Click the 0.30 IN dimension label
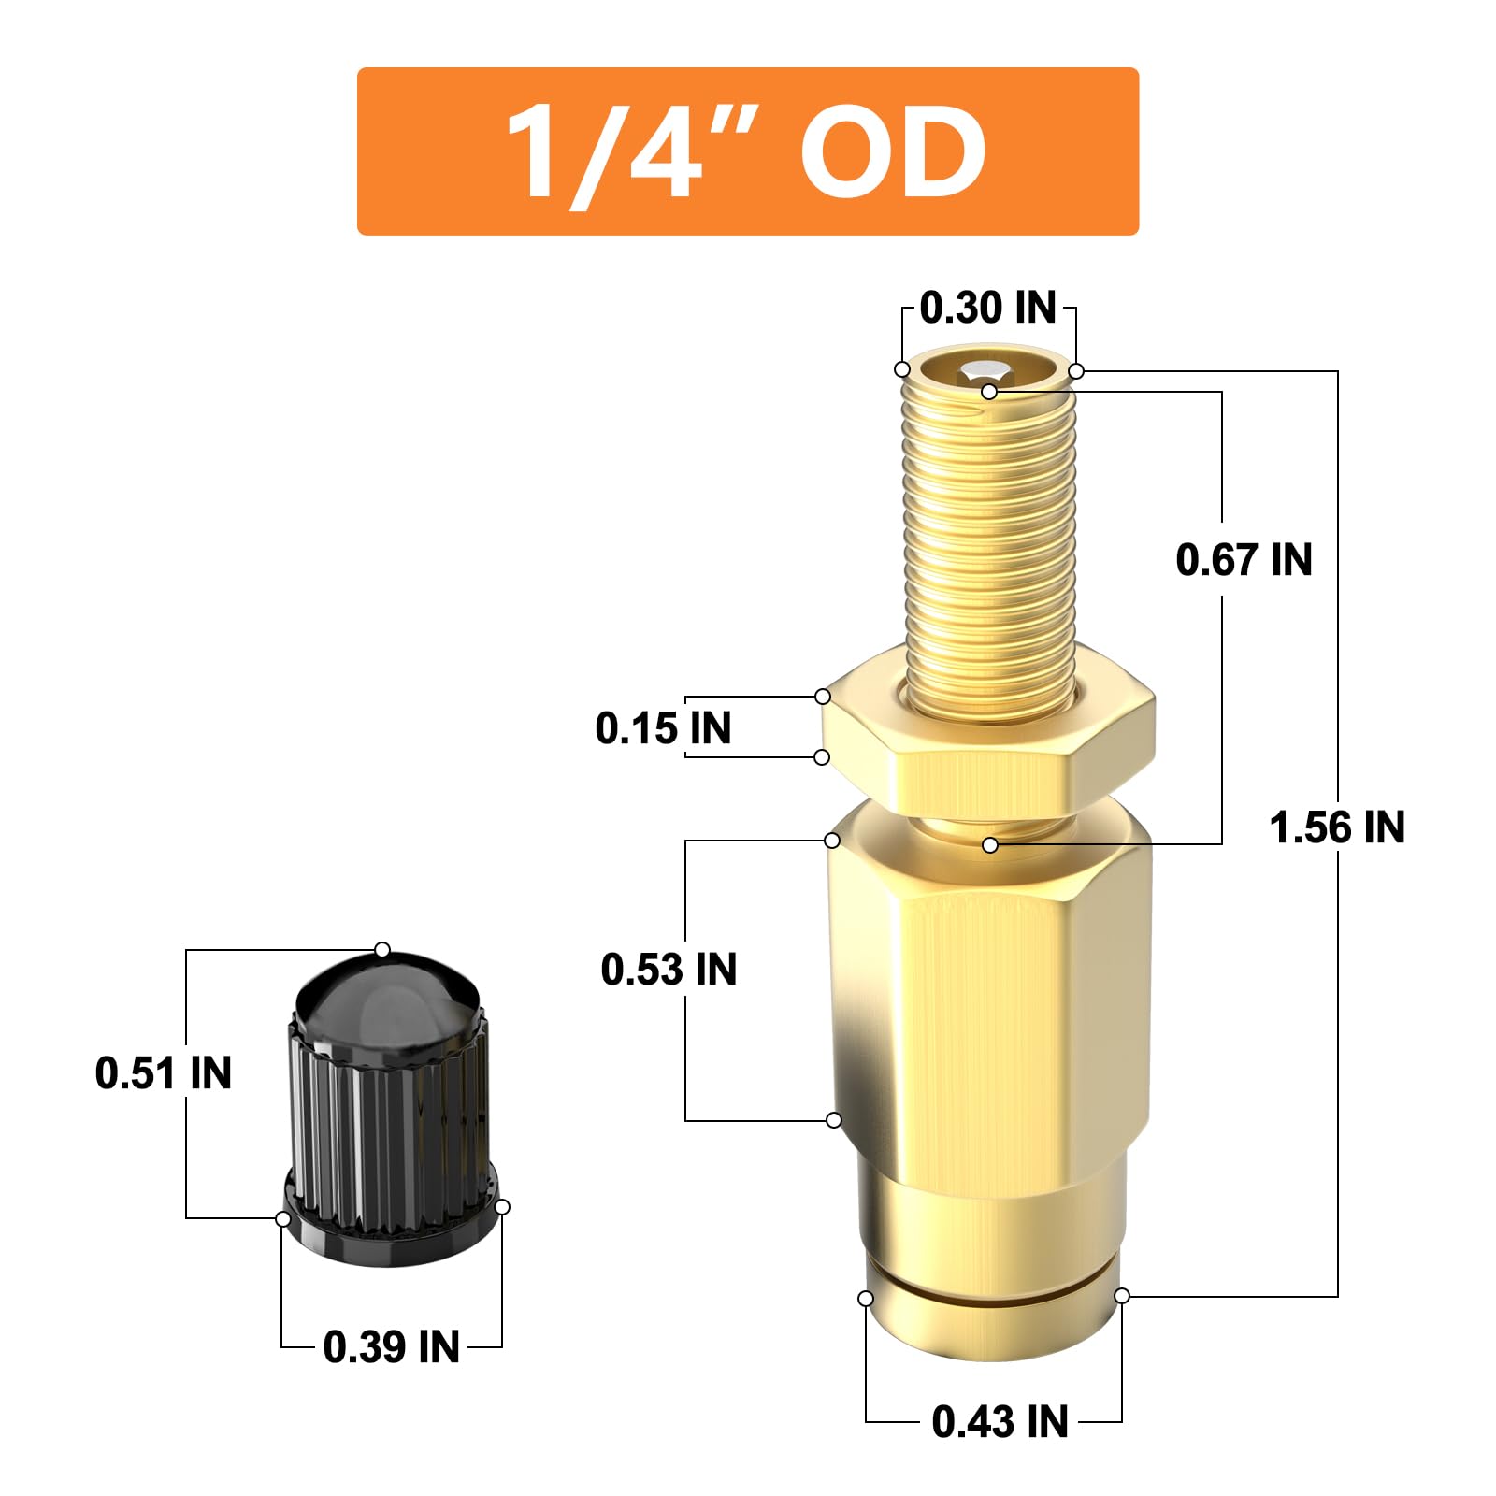click(x=987, y=308)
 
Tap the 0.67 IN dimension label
click(x=1244, y=560)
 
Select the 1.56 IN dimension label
click(x=1337, y=827)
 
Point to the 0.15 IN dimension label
click(x=663, y=728)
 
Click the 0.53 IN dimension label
click(x=669, y=970)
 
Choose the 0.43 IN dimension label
click(x=1000, y=1422)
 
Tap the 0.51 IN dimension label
click(x=164, y=1072)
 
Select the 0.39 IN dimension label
click(x=391, y=1347)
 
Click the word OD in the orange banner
click(x=892, y=151)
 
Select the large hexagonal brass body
click(x=989, y=1010)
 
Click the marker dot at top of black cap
click(x=382, y=950)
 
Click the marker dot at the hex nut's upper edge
click(x=823, y=697)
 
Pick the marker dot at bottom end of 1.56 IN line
click(x=1122, y=1295)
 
